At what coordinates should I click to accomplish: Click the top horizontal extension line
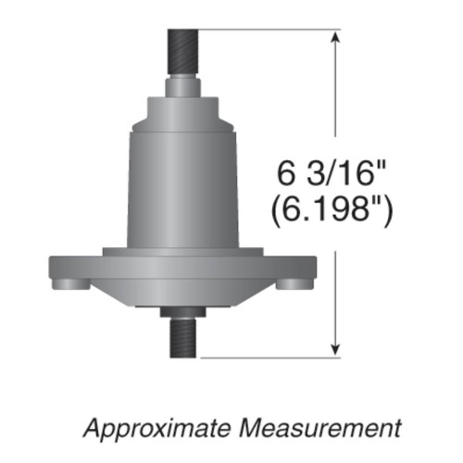coord(269,30)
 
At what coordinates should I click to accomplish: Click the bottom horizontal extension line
coord(269,357)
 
